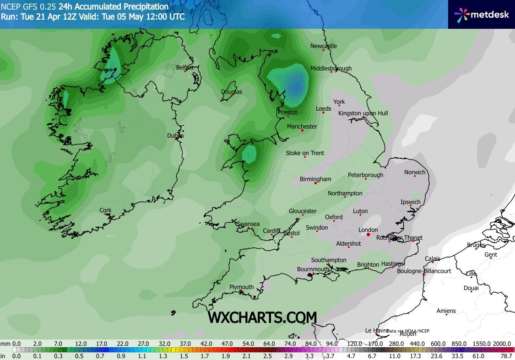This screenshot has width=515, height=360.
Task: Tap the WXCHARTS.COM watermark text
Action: tap(262, 317)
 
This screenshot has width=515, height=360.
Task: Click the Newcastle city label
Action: tap(323, 46)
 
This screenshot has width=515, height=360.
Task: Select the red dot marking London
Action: tap(368, 236)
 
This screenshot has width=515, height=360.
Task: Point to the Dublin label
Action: tap(175, 135)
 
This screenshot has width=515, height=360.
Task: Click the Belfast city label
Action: tap(185, 68)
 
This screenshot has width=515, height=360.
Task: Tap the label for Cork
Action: tap(105, 210)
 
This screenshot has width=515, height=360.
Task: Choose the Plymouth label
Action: tap(241, 287)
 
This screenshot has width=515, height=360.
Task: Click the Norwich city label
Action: tap(415, 172)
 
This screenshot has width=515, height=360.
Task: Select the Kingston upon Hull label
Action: tap(363, 113)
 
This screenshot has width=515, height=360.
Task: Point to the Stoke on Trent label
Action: tap(305, 153)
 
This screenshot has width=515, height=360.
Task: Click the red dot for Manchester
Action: tap(302, 130)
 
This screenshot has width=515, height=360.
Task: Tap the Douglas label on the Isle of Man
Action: tap(231, 92)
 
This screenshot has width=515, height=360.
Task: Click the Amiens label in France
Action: tap(446, 311)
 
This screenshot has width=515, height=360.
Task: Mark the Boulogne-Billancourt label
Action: tap(424, 271)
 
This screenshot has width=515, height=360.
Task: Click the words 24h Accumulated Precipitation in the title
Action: tap(113, 7)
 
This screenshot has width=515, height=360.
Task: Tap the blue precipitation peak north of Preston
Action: tap(296, 86)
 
